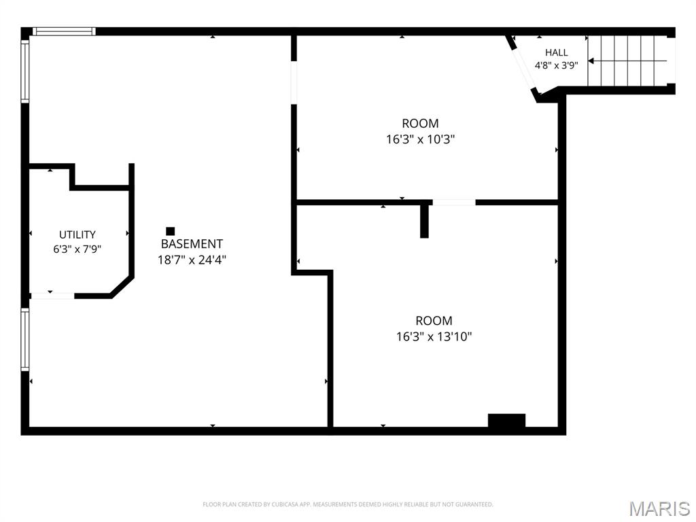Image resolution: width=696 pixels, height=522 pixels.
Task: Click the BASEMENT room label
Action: point(192,244)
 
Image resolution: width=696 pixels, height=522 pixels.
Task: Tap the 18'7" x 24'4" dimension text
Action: point(192,260)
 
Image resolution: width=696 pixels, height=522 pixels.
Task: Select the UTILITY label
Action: point(77,234)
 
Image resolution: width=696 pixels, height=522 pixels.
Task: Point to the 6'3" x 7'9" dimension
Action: point(77,249)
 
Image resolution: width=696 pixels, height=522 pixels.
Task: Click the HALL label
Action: point(557,52)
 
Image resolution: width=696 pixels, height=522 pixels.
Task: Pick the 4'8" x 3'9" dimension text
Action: point(556,65)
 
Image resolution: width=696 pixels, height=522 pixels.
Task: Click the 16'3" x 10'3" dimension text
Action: point(420,139)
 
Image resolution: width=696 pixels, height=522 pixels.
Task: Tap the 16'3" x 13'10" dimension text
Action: point(434,336)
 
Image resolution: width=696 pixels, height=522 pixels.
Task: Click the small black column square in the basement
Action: point(171,231)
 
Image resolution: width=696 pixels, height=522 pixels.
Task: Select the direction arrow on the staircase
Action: point(627,60)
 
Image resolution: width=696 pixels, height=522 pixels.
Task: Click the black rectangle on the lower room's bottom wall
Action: point(506,420)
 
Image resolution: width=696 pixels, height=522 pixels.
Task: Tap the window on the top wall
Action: point(64,31)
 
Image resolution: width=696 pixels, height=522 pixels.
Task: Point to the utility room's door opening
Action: point(52,296)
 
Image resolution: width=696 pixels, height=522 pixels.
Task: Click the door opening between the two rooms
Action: point(453,203)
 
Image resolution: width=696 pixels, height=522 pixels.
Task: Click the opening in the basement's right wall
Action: point(294,82)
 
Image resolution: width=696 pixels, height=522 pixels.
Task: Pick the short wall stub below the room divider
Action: point(424,222)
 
